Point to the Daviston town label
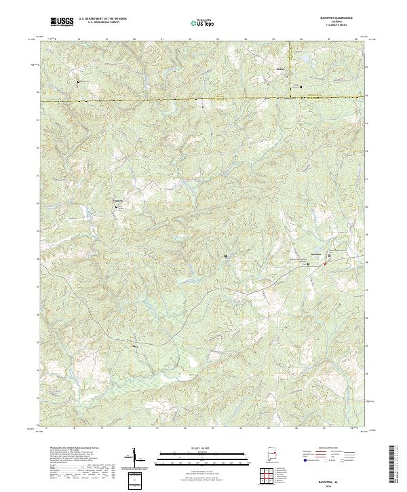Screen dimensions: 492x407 [x=315, y=255]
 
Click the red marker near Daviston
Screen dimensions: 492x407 [x=325, y=263]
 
